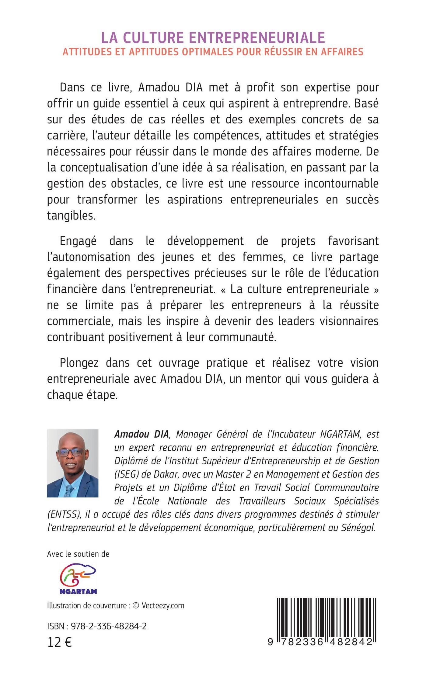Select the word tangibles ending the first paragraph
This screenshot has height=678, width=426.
pyautogui.click(x=71, y=215)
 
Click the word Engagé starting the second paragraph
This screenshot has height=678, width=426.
pyautogui.click(x=78, y=241)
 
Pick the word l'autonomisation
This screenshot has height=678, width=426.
pyautogui.click(x=88, y=257)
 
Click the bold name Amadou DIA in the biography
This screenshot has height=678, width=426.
pyautogui.click(x=141, y=434)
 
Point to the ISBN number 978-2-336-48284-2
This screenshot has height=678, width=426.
pyautogui.click(x=109, y=626)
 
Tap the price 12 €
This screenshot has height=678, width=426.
pyautogui.click(x=59, y=642)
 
